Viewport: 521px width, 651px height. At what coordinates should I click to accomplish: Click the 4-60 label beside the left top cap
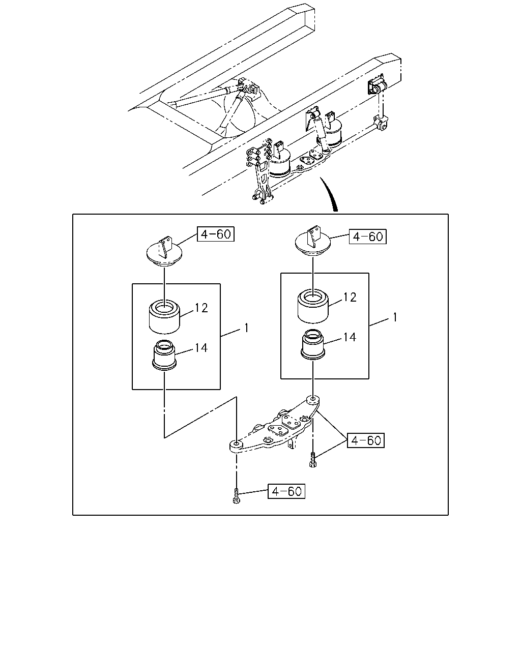pos(216,234)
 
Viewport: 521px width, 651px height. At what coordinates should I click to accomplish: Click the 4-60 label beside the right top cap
pos(368,236)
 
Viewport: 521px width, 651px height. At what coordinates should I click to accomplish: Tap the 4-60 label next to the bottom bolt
pos(286,491)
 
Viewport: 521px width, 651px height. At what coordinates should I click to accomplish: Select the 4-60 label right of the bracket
pos(366,440)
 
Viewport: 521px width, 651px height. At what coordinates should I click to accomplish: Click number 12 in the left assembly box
pos(201,308)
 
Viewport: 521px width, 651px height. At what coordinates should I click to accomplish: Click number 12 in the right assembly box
pos(350,298)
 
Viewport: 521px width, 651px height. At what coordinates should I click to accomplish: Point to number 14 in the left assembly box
pos(201,348)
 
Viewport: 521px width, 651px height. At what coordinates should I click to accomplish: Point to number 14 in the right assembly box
pos(350,337)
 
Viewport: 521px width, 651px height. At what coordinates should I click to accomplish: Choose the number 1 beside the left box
pos(246,328)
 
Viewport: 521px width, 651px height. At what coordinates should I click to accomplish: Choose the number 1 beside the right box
pos(395,317)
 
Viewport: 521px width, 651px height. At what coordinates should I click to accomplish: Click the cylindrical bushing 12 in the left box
pos(164,317)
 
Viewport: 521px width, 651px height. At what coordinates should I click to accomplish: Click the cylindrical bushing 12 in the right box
pos(313,306)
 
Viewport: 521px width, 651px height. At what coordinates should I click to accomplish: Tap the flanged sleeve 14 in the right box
pos(313,344)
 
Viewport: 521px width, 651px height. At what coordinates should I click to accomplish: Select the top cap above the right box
pos(313,242)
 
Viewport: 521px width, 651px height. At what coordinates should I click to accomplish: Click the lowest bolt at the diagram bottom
pos(237,498)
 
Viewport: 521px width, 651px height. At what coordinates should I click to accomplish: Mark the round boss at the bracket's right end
pos(313,400)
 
